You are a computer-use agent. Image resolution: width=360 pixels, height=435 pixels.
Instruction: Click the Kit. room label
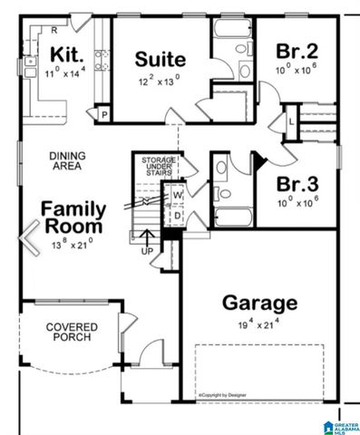click(68, 53)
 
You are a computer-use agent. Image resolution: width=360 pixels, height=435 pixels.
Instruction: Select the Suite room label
click(161, 60)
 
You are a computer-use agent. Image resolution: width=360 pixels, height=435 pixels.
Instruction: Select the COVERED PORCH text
click(73, 333)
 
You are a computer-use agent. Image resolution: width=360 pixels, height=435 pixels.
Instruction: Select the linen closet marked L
click(291, 120)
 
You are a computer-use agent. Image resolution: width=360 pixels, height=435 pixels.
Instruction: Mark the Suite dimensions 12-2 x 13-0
click(161, 81)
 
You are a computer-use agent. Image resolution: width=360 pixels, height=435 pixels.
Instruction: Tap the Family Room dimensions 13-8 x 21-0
click(73, 243)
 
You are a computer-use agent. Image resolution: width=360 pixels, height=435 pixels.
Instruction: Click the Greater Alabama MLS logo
click(339, 424)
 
